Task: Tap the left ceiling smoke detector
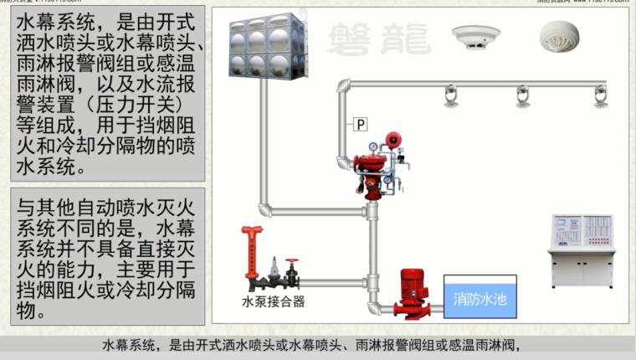(x=474, y=37)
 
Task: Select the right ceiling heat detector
(x=559, y=36)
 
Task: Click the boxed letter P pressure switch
(x=361, y=125)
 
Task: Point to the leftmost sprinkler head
(x=451, y=96)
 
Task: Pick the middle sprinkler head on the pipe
(x=523, y=96)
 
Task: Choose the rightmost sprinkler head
(x=600, y=96)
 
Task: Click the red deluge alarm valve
(x=374, y=163)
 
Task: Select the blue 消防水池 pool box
(x=480, y=296)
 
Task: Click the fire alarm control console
(x=581, y=250)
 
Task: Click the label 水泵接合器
(x=273, y=301)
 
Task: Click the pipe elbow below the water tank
(x=265, y=208)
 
